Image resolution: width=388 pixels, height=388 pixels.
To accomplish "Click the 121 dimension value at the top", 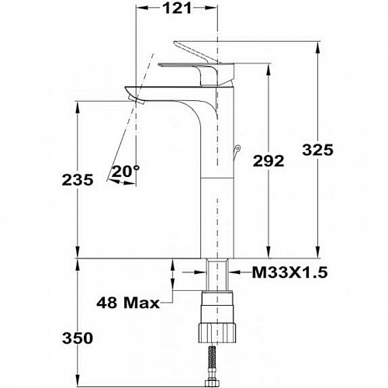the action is (178, 9).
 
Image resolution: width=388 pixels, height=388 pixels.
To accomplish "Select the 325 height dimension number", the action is (318, 150).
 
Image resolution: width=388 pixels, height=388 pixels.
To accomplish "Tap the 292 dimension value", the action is (268, 161).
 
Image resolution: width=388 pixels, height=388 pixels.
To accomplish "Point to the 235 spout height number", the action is (78, 180).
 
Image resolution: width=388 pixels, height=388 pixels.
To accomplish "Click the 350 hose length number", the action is (78, 338).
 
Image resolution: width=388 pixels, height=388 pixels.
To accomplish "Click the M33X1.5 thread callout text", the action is (289, 272).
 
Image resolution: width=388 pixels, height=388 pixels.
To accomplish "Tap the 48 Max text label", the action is (128, 303).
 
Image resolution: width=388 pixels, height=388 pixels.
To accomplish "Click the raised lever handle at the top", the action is (195, 51).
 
